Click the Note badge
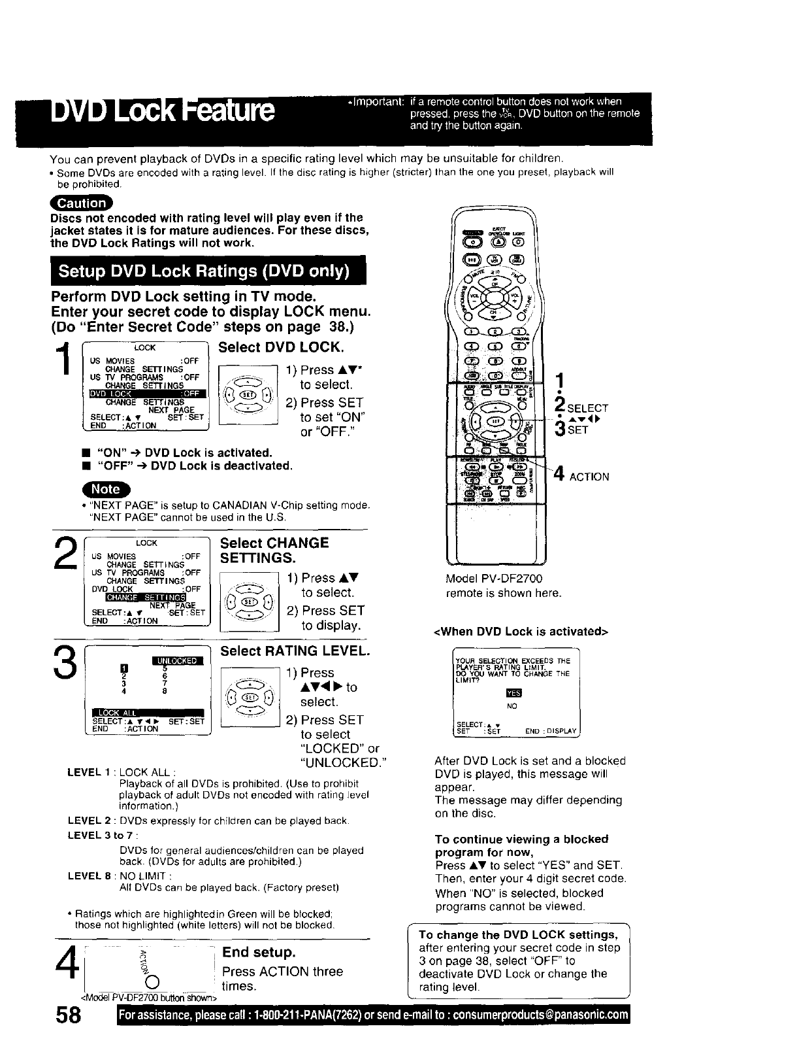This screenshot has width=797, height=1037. [105, 488]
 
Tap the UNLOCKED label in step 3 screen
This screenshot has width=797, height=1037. [177, 660]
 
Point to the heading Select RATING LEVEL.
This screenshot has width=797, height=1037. [295, 651]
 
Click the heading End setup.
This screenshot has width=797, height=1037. [259, 951]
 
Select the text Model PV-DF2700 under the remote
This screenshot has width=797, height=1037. [494, 579]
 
